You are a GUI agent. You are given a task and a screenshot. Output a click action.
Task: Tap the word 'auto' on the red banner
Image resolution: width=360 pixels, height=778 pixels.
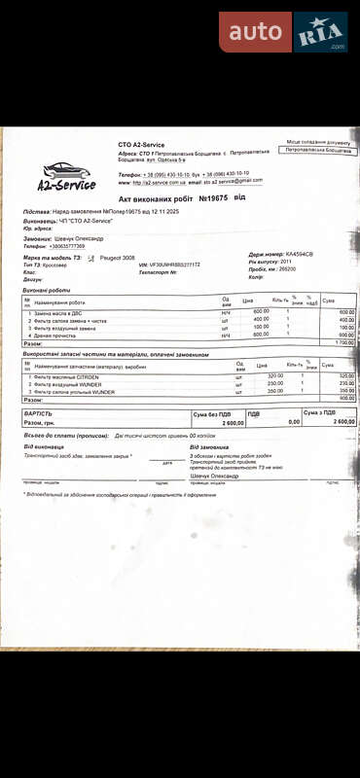pos(255,32)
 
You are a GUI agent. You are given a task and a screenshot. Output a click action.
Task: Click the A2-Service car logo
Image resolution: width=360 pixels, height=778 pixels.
pos(66,175)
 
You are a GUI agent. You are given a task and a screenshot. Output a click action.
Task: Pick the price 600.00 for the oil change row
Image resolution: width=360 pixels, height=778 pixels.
pos(262,311)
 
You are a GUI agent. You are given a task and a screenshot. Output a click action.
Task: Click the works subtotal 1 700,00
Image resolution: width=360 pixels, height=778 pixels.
pos(343,343)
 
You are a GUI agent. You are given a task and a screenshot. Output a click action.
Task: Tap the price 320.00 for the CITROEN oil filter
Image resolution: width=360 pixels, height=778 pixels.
pos(275,375)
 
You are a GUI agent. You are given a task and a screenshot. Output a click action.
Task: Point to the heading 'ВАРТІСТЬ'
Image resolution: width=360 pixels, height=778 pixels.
pos(39,413)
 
